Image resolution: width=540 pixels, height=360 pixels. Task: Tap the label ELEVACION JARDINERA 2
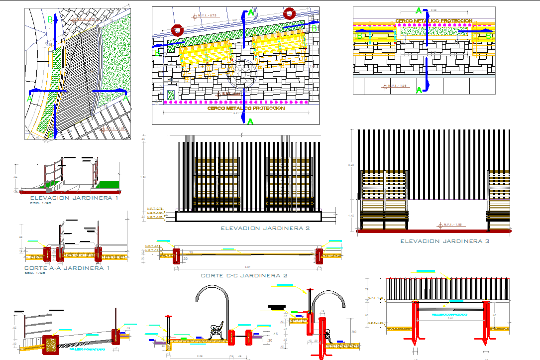point(265,228)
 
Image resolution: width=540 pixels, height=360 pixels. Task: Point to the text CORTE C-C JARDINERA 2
point(244,275)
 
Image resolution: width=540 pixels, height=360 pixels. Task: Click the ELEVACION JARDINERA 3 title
point(445,241)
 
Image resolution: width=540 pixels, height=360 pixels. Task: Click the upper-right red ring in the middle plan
point(289,13)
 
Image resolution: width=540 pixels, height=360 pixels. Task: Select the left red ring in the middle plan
point(177,31)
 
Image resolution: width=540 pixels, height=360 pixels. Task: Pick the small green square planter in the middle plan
point(171,94)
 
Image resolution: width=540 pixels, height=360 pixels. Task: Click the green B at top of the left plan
point(50,20)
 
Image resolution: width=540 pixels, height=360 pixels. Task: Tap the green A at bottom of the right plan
point(419,90)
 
